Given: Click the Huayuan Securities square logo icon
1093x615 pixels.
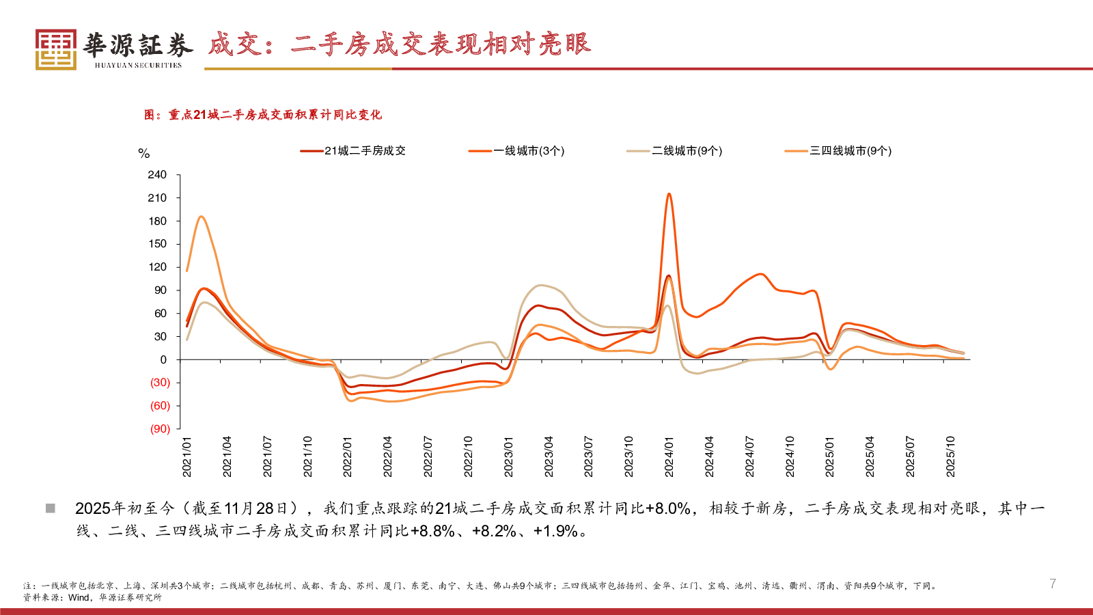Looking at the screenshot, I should coord(56,49).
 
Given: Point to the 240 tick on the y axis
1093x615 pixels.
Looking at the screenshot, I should coord(157,175).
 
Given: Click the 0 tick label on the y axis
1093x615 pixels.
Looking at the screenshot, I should coord(163,359).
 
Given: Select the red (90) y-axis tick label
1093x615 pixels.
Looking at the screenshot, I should coord(160,429).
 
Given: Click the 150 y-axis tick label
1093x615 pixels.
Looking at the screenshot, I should coord(157,244).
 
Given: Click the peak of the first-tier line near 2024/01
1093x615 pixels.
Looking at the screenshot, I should coord(669,194).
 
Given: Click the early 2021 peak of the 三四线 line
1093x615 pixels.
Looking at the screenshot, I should coord(201,217).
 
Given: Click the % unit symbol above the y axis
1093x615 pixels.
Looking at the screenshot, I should coord(143,154).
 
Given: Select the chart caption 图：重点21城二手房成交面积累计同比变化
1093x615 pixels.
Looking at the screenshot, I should coord(263,115).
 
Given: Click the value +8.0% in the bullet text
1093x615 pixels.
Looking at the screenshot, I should coord(667,508).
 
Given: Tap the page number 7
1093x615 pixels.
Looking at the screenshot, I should coord(1053,584).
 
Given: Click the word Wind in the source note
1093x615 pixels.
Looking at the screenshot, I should coord(79,597).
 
